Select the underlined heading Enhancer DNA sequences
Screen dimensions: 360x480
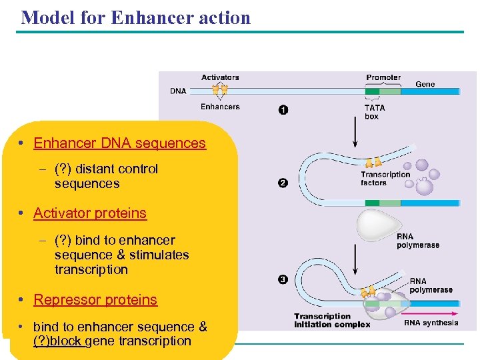click(x=119, y=143)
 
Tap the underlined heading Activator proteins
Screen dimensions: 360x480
click(x=90, y=213)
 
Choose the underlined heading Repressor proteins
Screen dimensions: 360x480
click(x=95, y=300)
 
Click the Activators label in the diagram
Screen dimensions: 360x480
click(x=220, y=78)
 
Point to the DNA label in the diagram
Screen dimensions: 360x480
click(x=178, y=91)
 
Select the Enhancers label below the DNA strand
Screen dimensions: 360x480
click(x=220, y=107)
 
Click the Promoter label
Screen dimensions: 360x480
click(x=383, y=78)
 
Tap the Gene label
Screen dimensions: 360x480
click(x=425, y=84)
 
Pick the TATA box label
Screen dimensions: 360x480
click(x=373, y=112)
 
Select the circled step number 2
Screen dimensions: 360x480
click(x=283, y=183)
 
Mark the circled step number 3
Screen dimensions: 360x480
click(x=283, y=279)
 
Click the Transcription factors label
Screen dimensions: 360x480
click(x=385, y=179)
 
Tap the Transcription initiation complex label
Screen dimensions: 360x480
click(x=332, y=321)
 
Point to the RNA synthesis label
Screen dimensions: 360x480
click(x=431, y=323)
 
